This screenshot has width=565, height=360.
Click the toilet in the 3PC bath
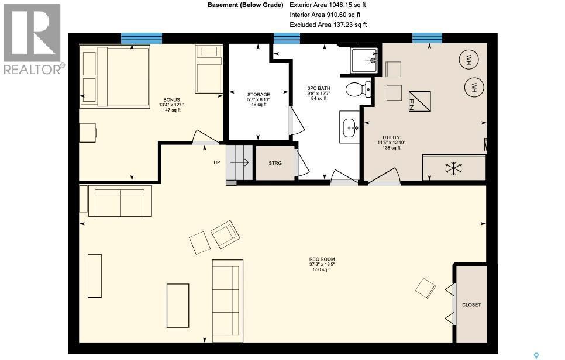[x=357, y=89]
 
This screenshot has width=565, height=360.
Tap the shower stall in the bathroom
[x=364, y=60]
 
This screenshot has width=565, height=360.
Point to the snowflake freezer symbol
[x=453, y=168]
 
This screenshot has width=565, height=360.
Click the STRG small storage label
[x=275, y=163]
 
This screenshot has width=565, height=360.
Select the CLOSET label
[x=471, y=304]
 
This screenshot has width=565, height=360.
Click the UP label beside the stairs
[x=216, y=162]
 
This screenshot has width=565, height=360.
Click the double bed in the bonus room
[x=115, y=77]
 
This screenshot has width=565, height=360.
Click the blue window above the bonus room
[x=141, y=39]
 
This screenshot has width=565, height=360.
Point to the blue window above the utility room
[x=426, y=39]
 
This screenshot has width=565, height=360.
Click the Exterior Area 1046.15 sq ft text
[x=328, y=5]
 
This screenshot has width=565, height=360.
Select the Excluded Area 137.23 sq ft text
[x=328, y=25]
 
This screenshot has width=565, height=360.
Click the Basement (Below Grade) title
[x=245, y=5]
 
